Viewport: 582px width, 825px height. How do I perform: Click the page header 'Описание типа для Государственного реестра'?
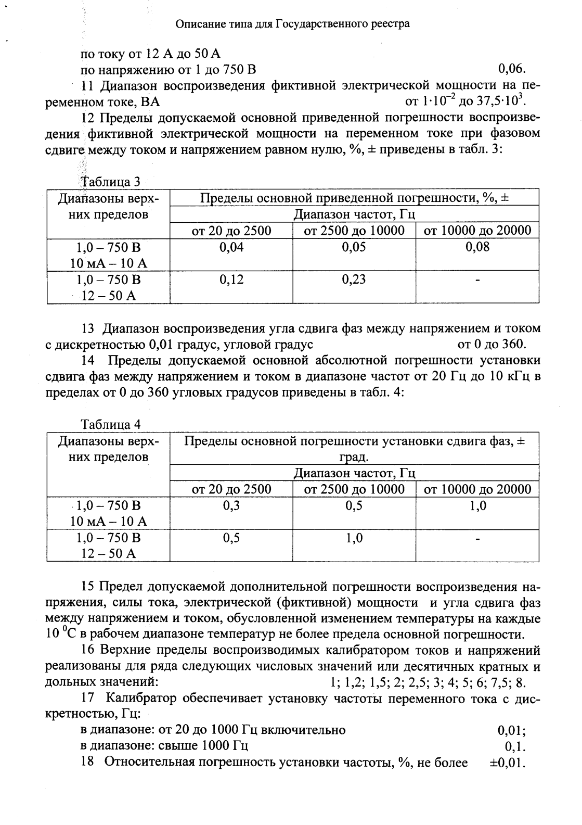tap(293, 24)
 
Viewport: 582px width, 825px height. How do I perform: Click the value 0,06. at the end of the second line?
tap(513, 69)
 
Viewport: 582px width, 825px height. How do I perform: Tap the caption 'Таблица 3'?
tap(110, 182)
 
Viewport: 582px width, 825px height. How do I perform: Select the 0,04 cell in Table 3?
tap(231, 247)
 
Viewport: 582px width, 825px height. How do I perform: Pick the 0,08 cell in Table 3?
tap(477, 247)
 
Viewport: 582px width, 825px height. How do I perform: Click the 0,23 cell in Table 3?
tap(354, 280)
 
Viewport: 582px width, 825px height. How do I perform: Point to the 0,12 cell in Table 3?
tap(231, 280)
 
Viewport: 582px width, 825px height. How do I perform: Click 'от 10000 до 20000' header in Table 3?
tap(477, 231)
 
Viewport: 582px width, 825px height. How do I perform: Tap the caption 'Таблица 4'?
tap(111, 424)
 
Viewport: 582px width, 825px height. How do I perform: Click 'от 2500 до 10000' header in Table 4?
tap(354, 489)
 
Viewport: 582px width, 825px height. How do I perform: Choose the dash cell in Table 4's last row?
tap(477, 538)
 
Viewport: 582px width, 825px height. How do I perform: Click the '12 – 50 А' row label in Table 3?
tap(109, 296)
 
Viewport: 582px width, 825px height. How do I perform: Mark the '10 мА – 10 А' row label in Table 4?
tap(109, 522)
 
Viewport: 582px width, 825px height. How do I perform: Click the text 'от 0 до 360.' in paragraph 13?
tap(492, 344)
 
